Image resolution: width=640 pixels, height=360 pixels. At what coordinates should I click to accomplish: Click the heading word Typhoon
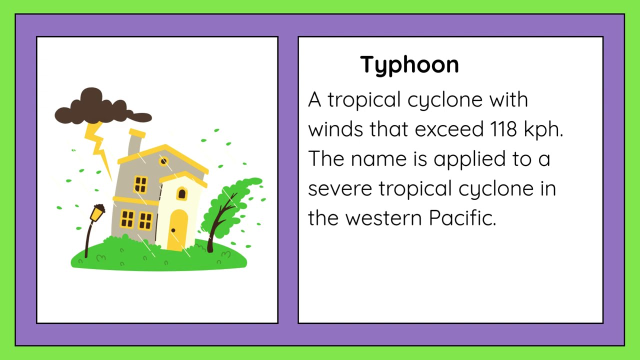(409, 65)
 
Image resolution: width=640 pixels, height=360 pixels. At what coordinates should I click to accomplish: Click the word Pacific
(462, 218)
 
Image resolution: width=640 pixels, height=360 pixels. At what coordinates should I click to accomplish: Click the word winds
(335, 129)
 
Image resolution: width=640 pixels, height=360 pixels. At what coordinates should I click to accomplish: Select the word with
(508, 99)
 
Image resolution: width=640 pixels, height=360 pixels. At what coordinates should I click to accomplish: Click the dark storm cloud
(100, 108)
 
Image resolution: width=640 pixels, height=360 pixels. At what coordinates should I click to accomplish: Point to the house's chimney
(135, 142)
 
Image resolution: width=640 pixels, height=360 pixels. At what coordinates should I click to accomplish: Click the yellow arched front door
(177, 229)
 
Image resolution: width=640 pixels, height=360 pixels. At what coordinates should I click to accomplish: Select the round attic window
(163, 161)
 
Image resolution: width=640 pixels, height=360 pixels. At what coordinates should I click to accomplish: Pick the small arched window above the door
(181, 193)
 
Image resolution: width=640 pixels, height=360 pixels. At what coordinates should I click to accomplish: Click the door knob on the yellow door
(173, 230)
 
